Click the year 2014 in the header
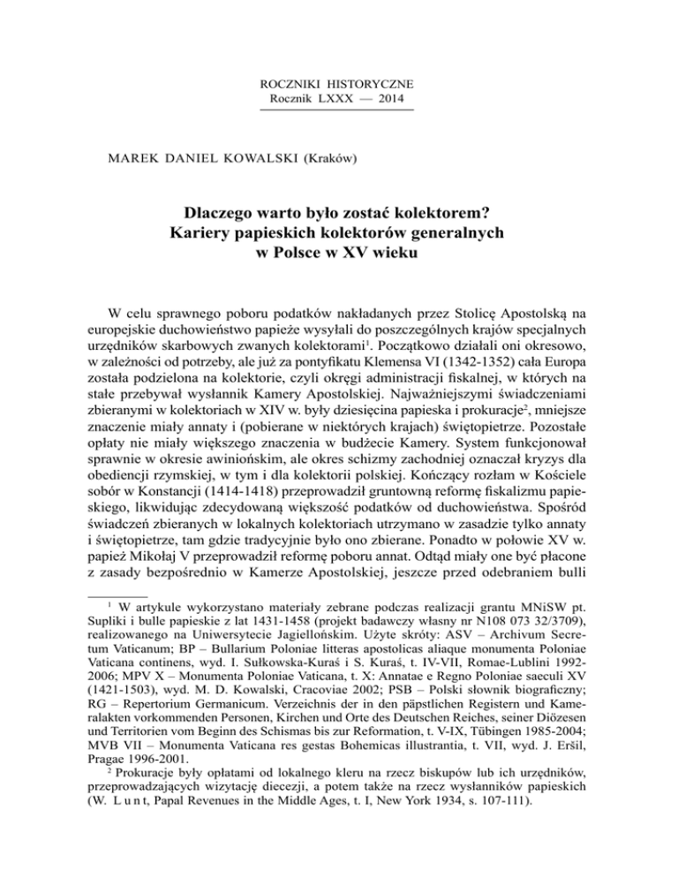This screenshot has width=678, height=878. click(x=398, y=100)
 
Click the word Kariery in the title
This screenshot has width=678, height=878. click(x=204, y=235)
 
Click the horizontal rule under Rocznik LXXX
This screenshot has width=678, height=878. click(x=338, y=110)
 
